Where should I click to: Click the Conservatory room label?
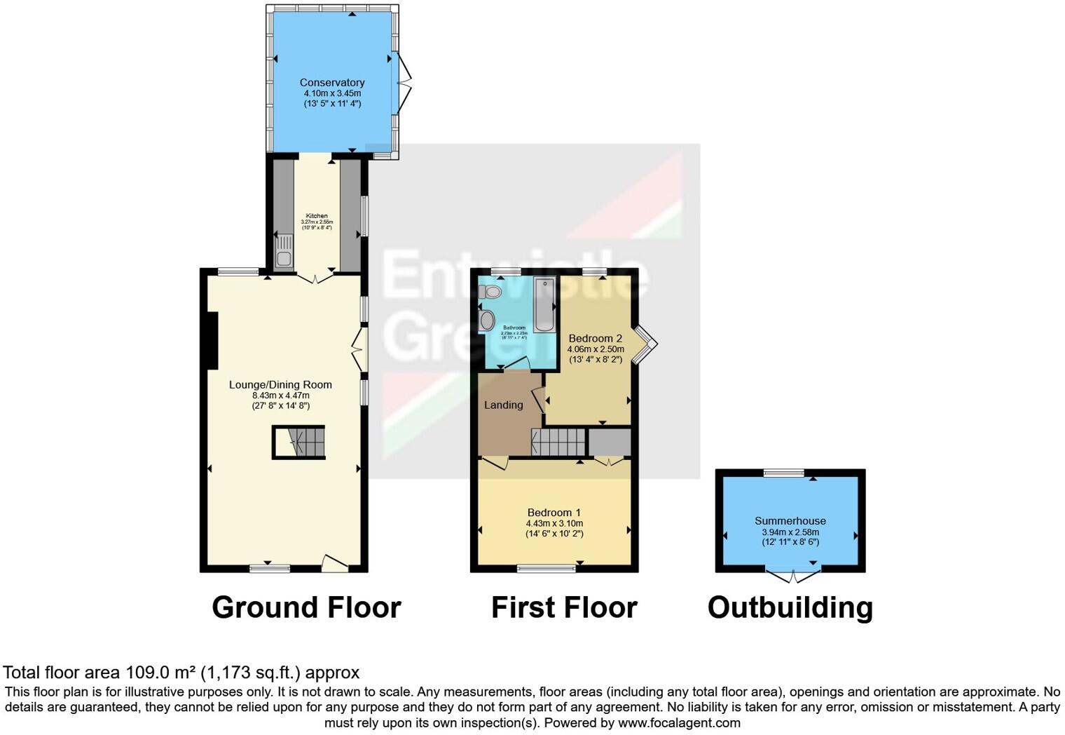tap(332, 83)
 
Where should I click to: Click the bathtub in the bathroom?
tap(544, 305)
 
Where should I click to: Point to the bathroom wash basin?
tap(487, 321)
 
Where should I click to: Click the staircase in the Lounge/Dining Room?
tap(300, 443)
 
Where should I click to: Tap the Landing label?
tap(503, 405)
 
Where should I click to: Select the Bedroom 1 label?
tap(554, 513)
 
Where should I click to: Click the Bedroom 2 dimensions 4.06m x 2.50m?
tap(596, 349)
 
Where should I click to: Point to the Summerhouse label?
tap(790, 520)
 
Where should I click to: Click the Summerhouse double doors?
tap(793, 576)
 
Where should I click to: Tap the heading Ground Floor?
tap(306, 607)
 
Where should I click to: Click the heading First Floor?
tap(564, 607)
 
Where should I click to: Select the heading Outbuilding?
tap(790, 607)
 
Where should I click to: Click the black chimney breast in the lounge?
tap(213, 340)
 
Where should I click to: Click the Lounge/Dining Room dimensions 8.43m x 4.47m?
tap(280, 396)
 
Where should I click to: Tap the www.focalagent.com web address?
tap(679, 722)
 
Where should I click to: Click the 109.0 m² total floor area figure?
tap(160, 673)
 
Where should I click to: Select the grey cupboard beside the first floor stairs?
tap(609, 443)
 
